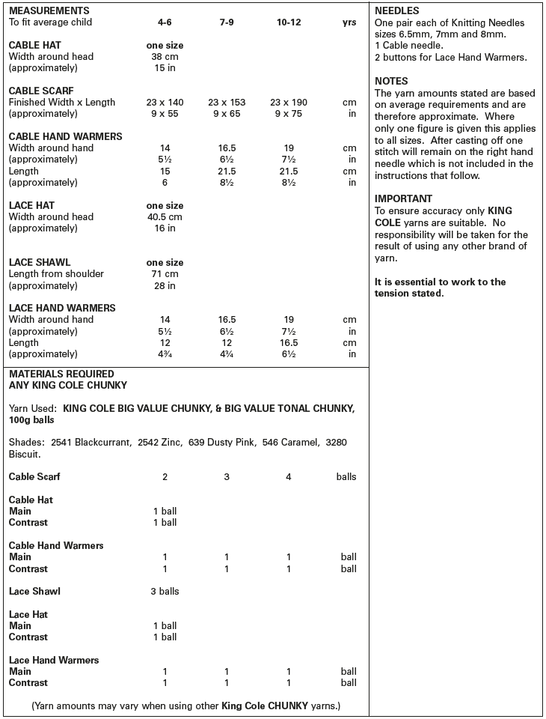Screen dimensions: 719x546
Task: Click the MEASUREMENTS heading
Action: (x=49, y=11)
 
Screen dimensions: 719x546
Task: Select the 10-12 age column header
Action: (x=288, y=22)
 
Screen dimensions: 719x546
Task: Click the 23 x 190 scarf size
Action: (x=288, y=103)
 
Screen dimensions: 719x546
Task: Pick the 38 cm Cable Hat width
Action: (x=165, y=57)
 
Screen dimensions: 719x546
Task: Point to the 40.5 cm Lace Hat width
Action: (x=165, y=217)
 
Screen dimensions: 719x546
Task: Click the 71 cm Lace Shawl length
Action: (x=165, y=274)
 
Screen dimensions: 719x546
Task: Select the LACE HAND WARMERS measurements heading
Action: (x=61, y=308)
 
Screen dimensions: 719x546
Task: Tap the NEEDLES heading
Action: (x=396, y=11)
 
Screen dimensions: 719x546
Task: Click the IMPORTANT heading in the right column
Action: (x=403, y=199)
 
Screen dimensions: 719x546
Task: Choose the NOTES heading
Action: (x=391, y=81)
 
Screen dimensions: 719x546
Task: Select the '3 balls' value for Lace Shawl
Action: (x=165, y=592)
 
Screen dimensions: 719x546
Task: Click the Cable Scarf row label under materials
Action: (x=34, y=477)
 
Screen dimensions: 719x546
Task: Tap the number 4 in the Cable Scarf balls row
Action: (x=288, y=477)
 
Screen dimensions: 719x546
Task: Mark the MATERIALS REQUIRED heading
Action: (x=61, y=374)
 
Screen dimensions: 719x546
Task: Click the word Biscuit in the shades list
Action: (x=24, y=454)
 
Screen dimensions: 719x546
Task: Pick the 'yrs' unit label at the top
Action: (x=349, y=22)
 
